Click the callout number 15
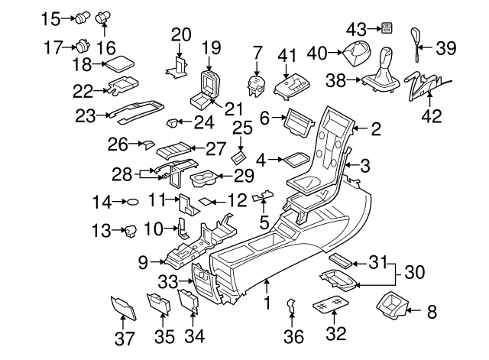tap(49, 18)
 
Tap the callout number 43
tap(356, 28)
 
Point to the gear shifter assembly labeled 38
tap(384, 75)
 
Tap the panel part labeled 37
tap(123, 308)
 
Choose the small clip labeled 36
tap(291, 306)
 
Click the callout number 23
tap(86, 115)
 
